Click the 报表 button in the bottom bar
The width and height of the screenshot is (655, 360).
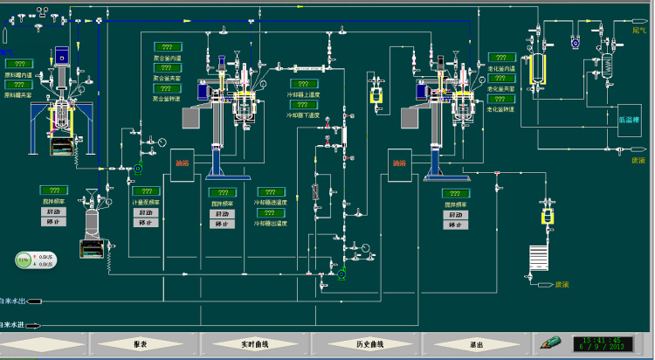(140, 344)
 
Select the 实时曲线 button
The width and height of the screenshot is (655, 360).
(252, 344)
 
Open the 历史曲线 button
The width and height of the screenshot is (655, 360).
(365, 344)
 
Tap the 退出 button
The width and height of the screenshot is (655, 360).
(477, 344)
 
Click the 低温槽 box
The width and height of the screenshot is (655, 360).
(629, 120)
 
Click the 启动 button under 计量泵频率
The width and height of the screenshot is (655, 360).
(147, 212)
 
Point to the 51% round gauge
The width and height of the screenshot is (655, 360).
(23, 259)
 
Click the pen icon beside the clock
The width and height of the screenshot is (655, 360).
(551, 343)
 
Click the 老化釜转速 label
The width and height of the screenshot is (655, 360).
(500, 109)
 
